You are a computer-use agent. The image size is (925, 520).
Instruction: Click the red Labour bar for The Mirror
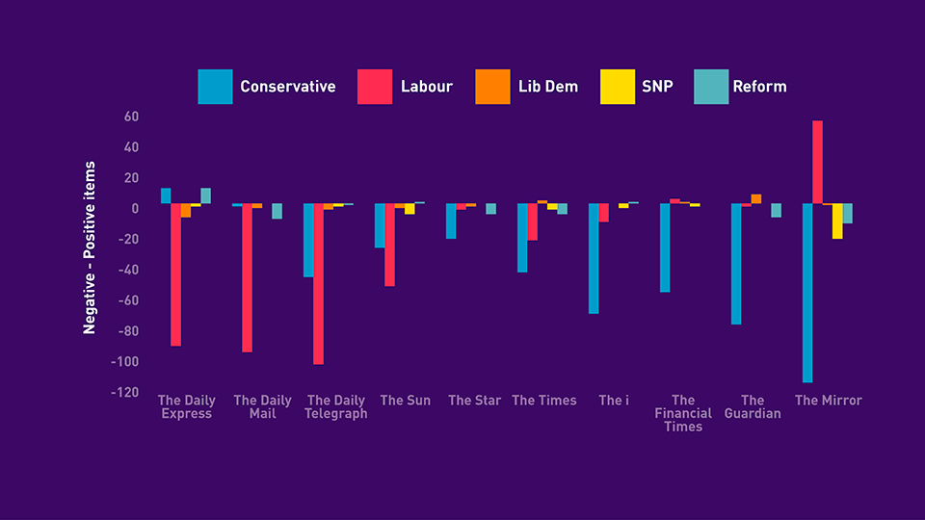click(817, 162)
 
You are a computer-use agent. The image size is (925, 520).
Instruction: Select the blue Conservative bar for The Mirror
click(807, 293)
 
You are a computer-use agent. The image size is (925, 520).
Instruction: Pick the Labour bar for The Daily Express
click(176, 274)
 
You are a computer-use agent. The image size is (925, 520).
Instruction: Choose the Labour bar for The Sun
click(390, 245)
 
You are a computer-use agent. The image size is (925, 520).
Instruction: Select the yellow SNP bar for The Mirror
click(837, 221)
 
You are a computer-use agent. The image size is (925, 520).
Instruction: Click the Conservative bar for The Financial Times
click(665, 247)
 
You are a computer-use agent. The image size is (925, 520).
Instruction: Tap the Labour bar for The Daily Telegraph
click(319, 283)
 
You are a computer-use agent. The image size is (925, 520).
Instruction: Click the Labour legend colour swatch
click(375, 87)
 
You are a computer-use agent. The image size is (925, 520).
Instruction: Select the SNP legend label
click(657, 87)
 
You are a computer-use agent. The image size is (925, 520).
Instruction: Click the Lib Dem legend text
click(546, 87)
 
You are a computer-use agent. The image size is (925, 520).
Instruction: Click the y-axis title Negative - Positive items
click(90, 247)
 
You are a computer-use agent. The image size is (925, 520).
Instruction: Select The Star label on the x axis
click(474, 401)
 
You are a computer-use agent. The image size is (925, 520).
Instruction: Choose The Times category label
click(544, 401)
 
